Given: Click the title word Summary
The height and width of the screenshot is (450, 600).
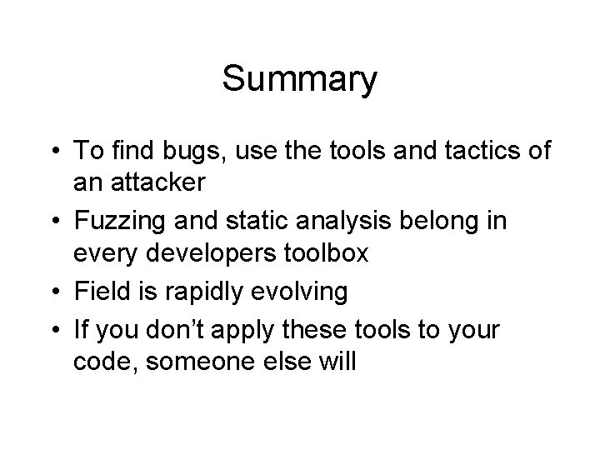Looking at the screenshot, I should pyautogui.click(x=300, y=80).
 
